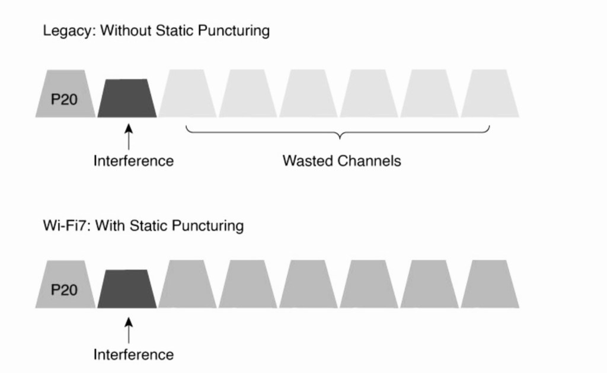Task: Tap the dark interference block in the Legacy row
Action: pyautogui.click(x=127, y=98)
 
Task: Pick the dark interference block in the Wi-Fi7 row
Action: pyautogui.click(x=127, y=289)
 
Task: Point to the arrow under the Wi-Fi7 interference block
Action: pyautogui.click(x=128, y=330)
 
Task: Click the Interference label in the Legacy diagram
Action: pyautogui.click(x=133, y=161)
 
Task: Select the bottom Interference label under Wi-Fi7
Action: pyautogui.click(x=133, y=355)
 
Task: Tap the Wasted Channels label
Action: pyautogui.click(x=341, y=161)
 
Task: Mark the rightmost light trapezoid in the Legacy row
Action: pyautogui.click(x=490, y=94)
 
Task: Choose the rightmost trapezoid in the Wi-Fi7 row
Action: pyautogui.click(x=490, y=285)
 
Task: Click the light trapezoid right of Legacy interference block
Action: pyautogui.click(x=187, y=94)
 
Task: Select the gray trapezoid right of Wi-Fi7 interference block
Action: pyautogui.click(x=187, y=285)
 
